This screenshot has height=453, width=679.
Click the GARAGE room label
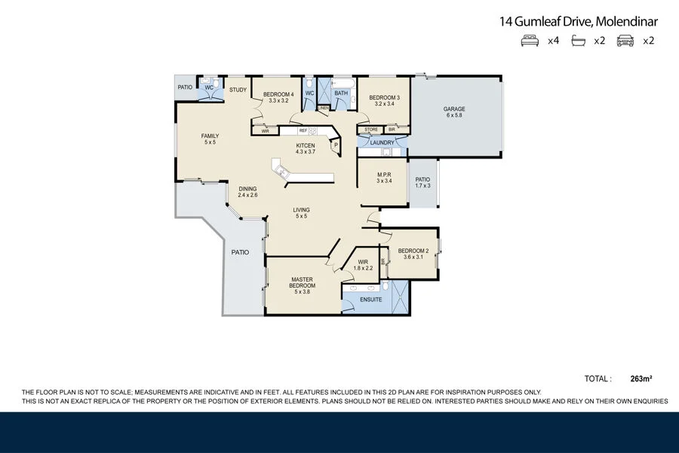tap(454, 109)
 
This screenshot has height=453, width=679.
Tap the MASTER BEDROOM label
tap(303, 282)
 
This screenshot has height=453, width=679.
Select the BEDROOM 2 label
tap(413, 251)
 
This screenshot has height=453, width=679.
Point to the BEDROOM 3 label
tap(385, 97)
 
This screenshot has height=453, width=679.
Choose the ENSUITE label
tap(370, 300)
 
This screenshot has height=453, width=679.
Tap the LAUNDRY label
tap(383, 143)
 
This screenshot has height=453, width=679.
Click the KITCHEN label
tap(306, 146)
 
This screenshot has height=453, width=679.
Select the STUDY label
tap(238, 90)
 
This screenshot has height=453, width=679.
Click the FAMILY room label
tap(210, 136)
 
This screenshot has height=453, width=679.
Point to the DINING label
tap(247, 189)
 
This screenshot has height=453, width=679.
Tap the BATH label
tap(341, 94)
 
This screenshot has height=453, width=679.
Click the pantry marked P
tap(336, 145)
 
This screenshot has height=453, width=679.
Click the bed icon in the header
tap(530, 41)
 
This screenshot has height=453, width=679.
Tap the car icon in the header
tap(625, 41)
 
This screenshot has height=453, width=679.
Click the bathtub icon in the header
tap(578, 41)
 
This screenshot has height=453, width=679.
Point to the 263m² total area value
tap(641, 379)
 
